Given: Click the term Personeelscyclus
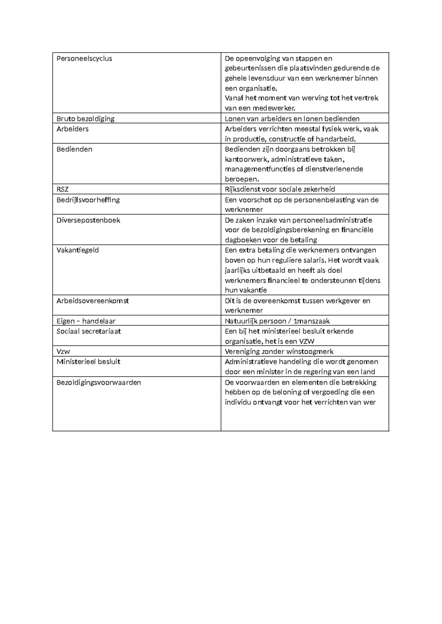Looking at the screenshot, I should click(x=84, y=58).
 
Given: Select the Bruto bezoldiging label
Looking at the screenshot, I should click(x=85, y=118).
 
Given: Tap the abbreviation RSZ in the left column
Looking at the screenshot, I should click(x=63, y=189).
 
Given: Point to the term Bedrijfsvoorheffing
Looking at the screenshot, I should click(x=88, y=200).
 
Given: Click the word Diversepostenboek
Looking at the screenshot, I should click(x=88, y=220).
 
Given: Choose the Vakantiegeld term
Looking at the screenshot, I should click(x=78, y=250).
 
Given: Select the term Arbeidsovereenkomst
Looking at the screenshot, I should click(x=93, y=301).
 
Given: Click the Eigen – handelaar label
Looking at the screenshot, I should click(x=86, y=321).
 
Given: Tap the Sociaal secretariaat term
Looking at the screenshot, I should click(x=89, y=331).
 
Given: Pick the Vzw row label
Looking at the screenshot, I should click(x=63, y=351).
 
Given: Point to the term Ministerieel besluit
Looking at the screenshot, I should click(x=88, y=362).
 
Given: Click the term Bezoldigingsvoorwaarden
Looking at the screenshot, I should click(x=99, y=382).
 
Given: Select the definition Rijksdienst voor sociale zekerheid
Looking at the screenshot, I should click(x=280, y=189).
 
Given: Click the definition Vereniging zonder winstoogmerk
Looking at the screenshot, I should click(x=279, y=351).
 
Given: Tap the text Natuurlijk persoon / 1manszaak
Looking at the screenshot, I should click(x=277, y=321).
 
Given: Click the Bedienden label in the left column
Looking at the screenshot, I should click(x=74, y=149).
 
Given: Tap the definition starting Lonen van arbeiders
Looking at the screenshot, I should click(x=292, y=118).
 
